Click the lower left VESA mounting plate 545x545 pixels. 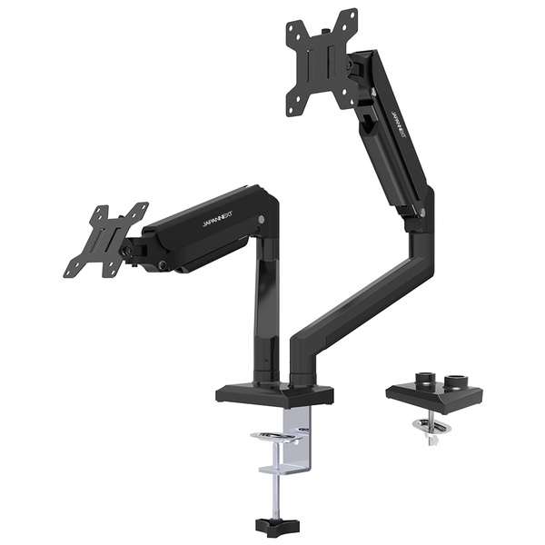coord(105,241)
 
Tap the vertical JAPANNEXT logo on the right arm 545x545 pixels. coord(398,128)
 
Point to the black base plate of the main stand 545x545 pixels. coord(274,394)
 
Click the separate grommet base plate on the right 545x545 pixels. coord(434,394)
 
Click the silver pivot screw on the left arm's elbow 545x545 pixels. coord(261,220)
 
